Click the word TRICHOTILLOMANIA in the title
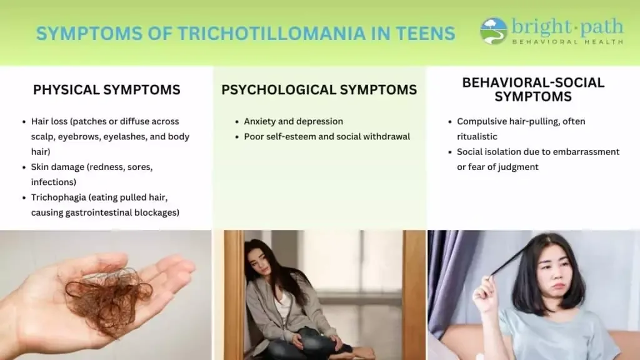click(271, 33)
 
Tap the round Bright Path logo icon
click(494, 31)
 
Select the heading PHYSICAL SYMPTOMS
click(106, 90)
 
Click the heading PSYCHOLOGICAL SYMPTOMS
click(319, 90)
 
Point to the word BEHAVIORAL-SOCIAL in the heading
click(533, 82)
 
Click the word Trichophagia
click(58, 197)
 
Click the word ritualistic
click(477, 137)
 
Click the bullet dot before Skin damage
click(24, 167)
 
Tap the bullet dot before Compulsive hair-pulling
click(450, 122)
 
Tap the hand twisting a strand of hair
click(484, 291)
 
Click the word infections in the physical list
click(54, 182)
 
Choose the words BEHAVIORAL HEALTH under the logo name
click(567, 42)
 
